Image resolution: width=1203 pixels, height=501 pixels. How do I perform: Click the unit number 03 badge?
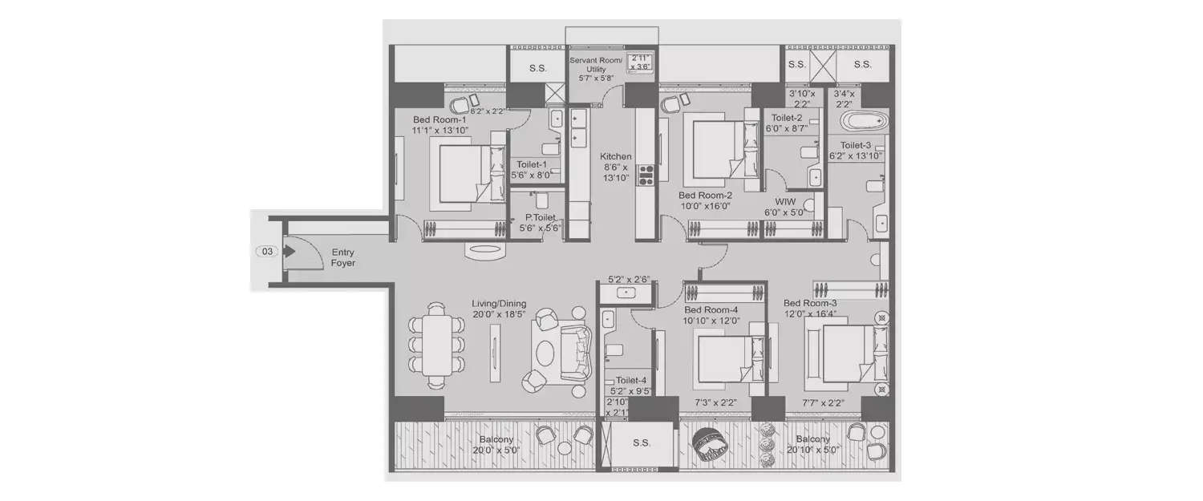(x=267, y=251)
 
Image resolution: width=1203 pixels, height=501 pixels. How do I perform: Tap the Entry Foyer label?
(x=342, y=257)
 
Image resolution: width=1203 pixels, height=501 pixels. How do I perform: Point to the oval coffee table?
(x=544, y=353)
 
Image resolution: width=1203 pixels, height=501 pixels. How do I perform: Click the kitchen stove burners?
(x=646, y=174)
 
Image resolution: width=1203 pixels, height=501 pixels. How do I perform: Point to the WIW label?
(x=784, y=202)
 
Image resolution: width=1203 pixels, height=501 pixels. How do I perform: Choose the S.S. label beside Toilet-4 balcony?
(x=641, y=442)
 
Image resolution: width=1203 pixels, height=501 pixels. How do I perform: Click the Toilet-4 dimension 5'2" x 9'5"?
(x=630, y=392)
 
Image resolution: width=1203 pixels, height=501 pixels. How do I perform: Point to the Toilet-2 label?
(x=786, y=117)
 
